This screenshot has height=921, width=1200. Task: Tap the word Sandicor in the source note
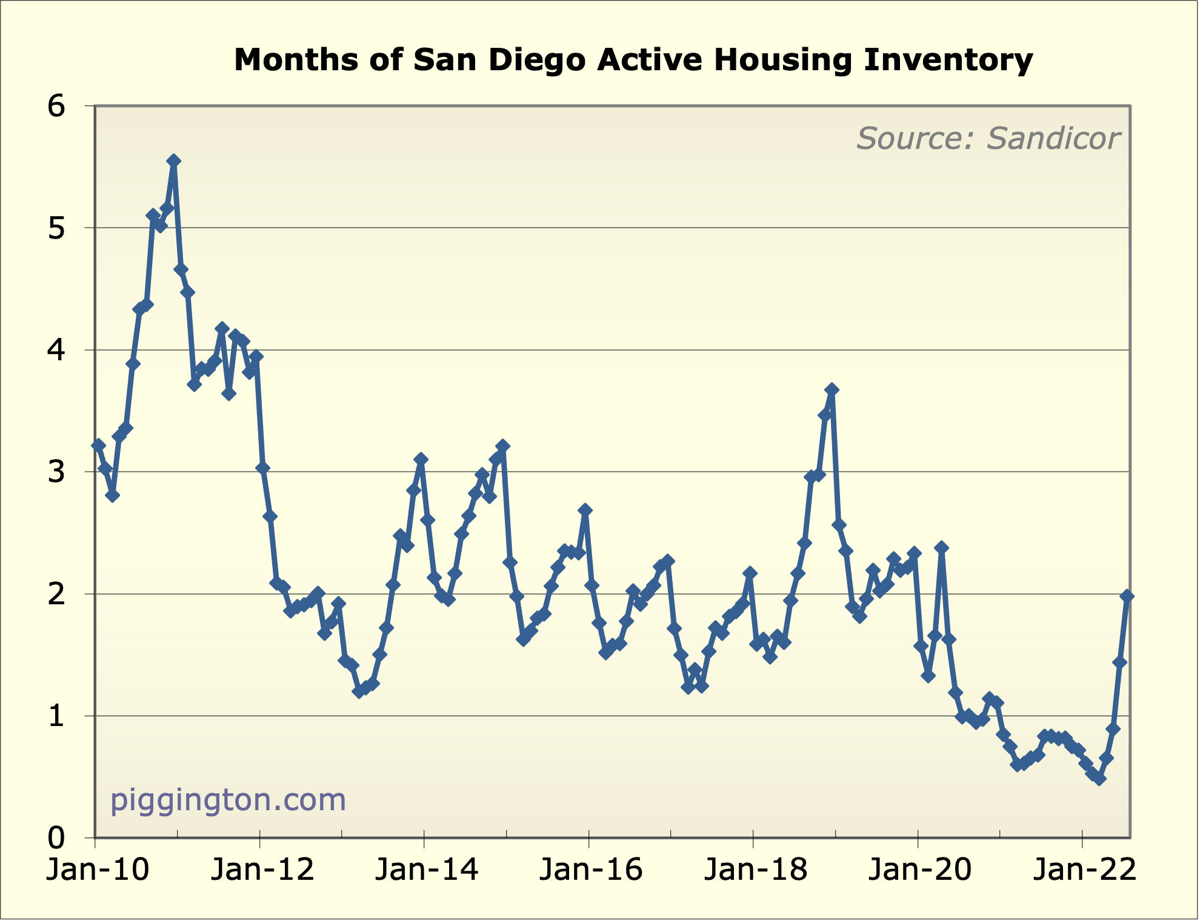point(1053,139)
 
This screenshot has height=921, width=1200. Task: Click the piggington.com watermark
point(228,800)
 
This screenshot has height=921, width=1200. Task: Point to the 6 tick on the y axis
point(56,107)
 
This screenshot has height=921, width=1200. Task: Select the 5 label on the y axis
point(56,229)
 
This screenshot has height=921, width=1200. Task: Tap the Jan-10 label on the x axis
point(98,870)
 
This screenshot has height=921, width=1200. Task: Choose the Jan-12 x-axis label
point(262,870)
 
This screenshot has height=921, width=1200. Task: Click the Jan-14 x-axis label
point(427,870)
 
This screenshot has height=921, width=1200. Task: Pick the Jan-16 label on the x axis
point(591,870)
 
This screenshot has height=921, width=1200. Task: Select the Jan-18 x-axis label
point(755,870)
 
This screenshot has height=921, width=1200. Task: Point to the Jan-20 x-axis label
point(920,870)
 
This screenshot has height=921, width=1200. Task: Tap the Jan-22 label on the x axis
point(1084,870)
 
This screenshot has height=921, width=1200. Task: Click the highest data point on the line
point(173,160)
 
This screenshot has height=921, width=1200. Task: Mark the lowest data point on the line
point(1099,779)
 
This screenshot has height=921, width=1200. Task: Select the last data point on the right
point(1127,596)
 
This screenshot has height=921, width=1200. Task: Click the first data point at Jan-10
point(99,446)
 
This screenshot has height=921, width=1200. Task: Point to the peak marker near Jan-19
point(832,390)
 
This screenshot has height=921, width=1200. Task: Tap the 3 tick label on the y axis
point(56,472)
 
